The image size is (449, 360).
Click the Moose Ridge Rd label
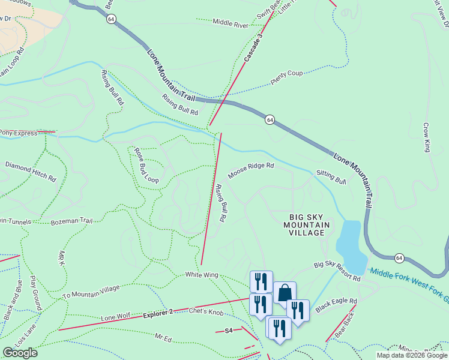click(251, 170)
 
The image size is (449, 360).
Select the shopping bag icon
click(285, 293)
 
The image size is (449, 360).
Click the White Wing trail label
click(201, 275)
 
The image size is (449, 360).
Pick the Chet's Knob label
click(206, 311)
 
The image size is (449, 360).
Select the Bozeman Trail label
click(71, 221)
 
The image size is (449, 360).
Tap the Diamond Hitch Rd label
click(31, 170)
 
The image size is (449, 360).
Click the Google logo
click(20, 353)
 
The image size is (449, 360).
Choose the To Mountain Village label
click(91, 291)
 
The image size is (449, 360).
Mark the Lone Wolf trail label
click(116, 317)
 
